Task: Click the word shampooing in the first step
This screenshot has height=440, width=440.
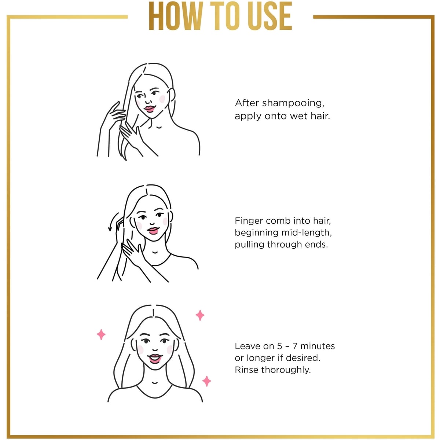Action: coord(293,103)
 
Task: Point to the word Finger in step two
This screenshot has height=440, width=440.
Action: coord(249,221)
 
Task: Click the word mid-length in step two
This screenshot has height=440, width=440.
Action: coord(307,233)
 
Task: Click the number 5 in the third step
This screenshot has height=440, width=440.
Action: coord(280,346)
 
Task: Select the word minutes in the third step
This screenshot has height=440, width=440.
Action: coord(318,346)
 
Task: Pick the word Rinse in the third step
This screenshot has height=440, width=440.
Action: coord(247,370)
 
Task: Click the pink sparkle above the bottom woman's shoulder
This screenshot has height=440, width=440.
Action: coord(200,315)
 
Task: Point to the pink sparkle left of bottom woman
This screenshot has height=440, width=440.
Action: coord(101,335)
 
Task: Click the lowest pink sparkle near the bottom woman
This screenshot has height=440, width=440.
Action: coord(207,381)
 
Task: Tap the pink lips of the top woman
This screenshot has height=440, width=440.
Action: coord(149,109)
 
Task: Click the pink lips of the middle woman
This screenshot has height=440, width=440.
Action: coord(153,230)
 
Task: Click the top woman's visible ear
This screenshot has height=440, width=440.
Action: coord(172,95)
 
